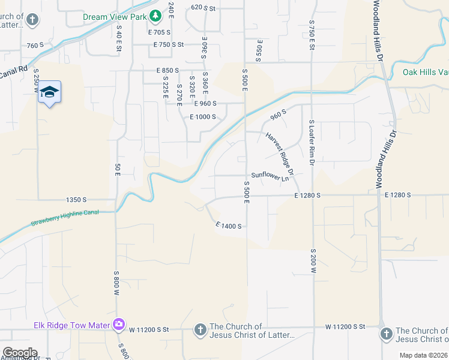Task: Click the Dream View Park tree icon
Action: [x=155, y=15]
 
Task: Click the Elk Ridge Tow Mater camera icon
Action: [x=119, y=325]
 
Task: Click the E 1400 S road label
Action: [x=228, y=226]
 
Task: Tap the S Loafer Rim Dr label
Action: [x=312, y=142]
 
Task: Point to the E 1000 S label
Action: [x=202, y=117]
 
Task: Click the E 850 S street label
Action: [x=167, y=71]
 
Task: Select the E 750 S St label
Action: [x=168, y=45]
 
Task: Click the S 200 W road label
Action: [x=313, y=262]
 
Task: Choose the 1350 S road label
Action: [x=76, y=199]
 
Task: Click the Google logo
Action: [x=20, y=353]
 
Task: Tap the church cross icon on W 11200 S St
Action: [x=200, y=329]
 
